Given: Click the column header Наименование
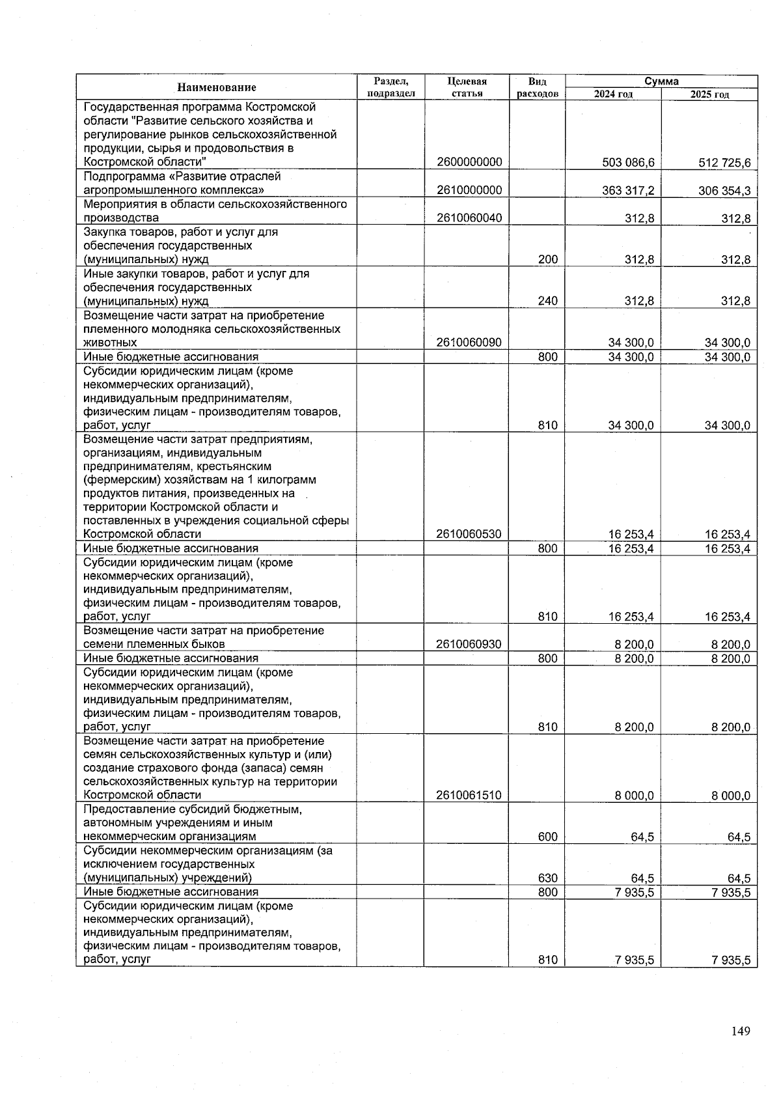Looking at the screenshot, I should tap(217, 87).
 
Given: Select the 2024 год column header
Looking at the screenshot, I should tap(613, 94).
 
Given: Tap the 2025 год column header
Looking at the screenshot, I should tap(709, 94).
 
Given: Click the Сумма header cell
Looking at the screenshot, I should tap(661, 81).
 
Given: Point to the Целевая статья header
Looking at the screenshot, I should tap(467, 87).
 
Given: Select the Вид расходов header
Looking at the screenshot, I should tap(537, 87).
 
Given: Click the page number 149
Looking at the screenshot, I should tap(741, 1031).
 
